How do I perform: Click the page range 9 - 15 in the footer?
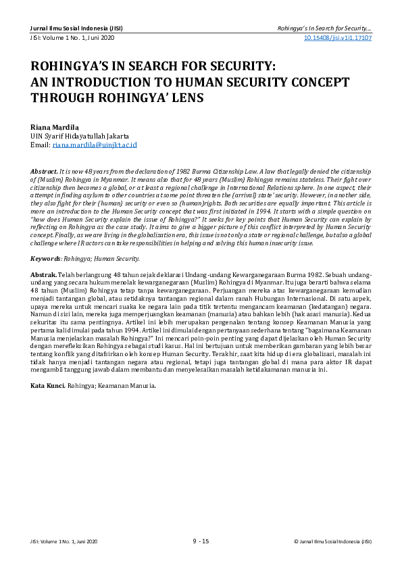point(201,541)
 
